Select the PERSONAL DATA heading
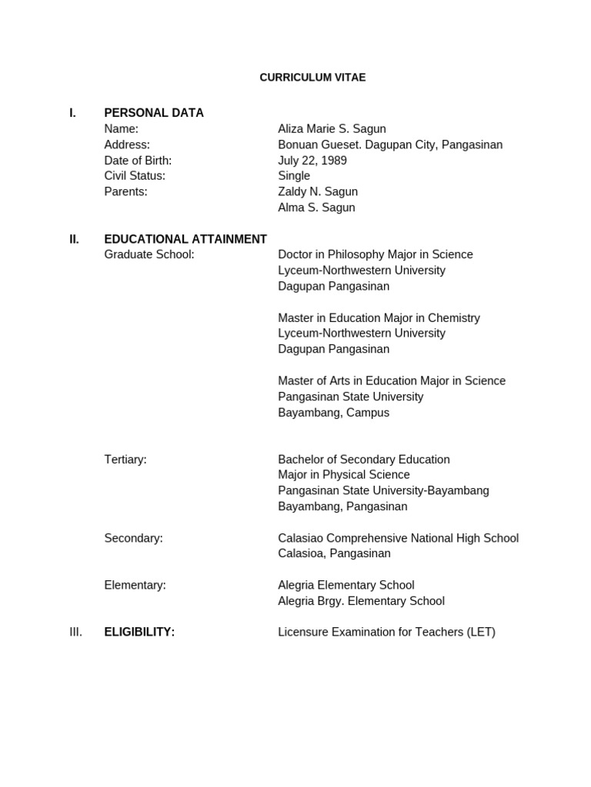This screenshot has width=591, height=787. [x=154, y=113]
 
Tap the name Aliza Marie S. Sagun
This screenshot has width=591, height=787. [x=332, y=129]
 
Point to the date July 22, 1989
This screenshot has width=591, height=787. [x=312, y=161]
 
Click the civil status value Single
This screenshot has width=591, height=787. [x=294, y=176]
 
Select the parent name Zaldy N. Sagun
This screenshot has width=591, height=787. [x=318, y=192]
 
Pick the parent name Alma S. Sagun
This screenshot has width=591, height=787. [x=316, y=208]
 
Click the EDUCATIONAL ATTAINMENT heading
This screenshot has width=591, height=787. [x=185, y=239]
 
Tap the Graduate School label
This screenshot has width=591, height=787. [x=149, y=254]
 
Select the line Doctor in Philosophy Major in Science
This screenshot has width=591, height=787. [x=376, y=254]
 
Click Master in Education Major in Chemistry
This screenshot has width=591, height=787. [x=379, y=318]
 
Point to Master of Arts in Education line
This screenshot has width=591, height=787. [x=392, y=381]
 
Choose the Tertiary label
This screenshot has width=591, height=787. [x=125, y=460]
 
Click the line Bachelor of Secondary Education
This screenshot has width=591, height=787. [x=364, y=460]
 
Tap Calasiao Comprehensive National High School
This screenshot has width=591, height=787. [x=398, y=538]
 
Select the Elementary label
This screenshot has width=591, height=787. [x=135, y=585]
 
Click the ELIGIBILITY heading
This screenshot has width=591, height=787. [x=139, y=633]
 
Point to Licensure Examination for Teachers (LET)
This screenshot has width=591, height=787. [x=386, y=633]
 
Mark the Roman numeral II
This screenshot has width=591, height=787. [x=74, y=239]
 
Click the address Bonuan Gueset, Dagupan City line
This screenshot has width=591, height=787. [x=390, y=144]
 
